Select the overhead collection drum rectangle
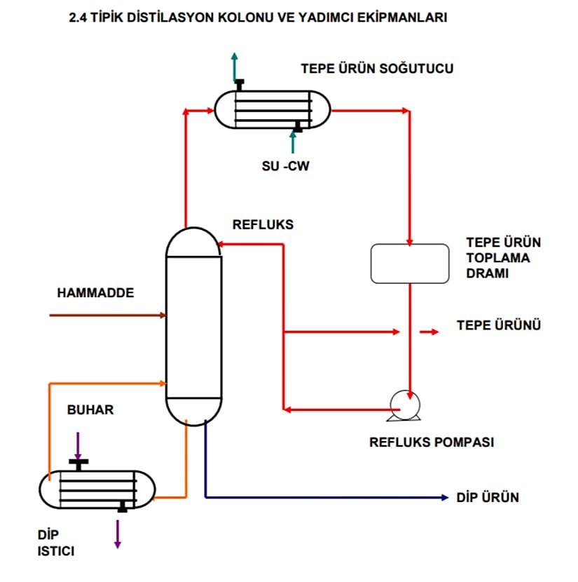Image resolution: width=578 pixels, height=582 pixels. pyautogui.click(x=410, y=264)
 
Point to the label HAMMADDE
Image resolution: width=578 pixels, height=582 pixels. pyautogui.click(x=95, y=293)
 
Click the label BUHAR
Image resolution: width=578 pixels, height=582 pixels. pyautogui.click(x=90, y=410)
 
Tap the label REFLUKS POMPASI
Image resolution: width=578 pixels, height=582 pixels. pyautogui.click(x=432, y=442)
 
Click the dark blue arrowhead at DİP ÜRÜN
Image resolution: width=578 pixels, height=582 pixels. pyautogui.click(x=444, y=498)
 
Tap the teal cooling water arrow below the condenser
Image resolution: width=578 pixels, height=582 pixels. pyautogui.click(x=294, y=143)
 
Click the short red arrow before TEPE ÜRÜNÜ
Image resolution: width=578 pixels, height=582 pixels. pyautogui.click(x=429, y=332)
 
